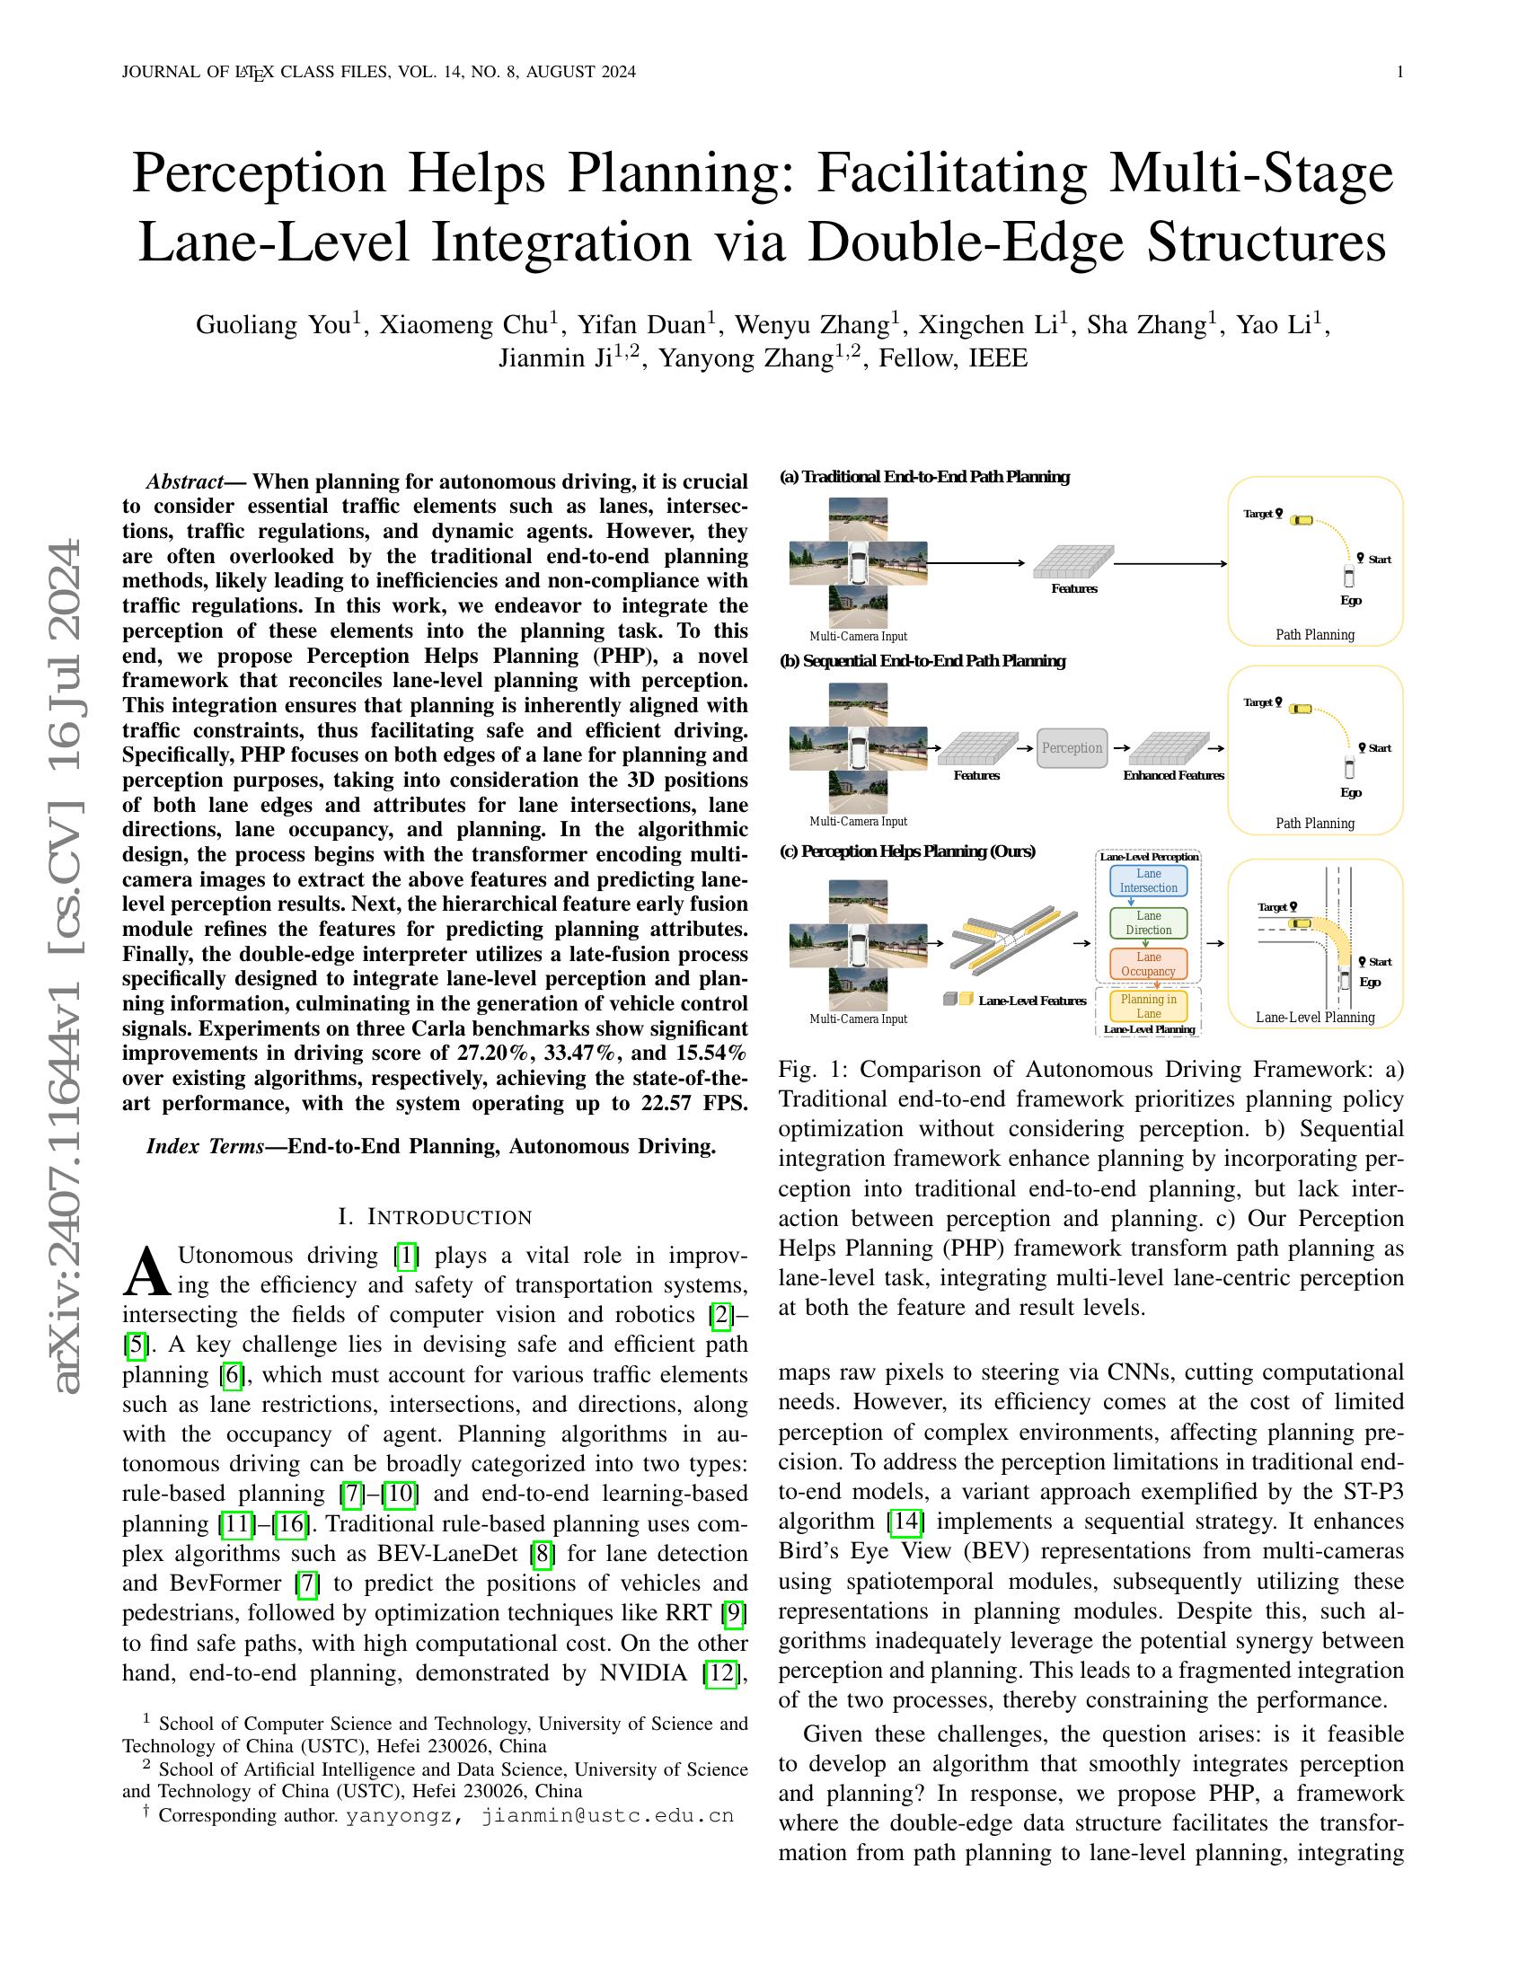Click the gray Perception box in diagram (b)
coord(1071,748)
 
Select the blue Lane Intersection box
coord(1148,880)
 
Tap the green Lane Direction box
coord(1148,922)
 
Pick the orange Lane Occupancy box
coord(1148,964)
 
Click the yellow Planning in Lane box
coord(1148,1006)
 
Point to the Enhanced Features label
coord(1173,775)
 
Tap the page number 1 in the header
coord(1400,73)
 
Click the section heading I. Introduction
coord(435,1217)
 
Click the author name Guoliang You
coord(273,325)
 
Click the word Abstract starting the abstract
coord(184,481)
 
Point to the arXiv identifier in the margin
coord(69,968)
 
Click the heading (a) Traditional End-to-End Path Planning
coord(923,477)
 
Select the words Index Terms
coord(205,1146)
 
